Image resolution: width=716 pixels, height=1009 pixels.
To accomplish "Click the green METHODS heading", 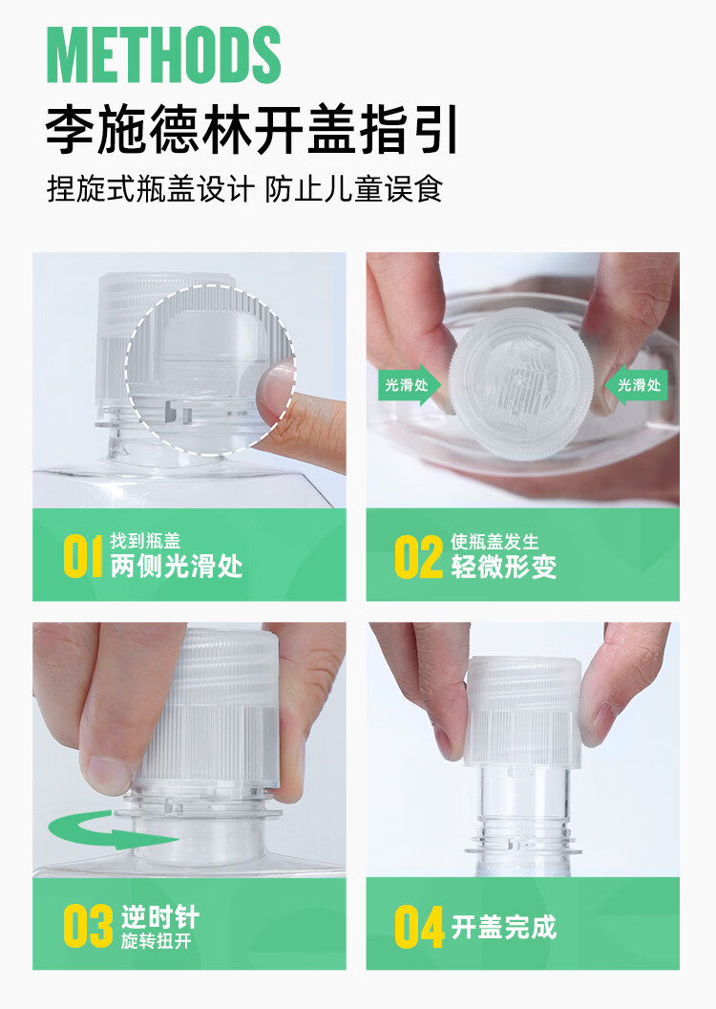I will tap(163, 55).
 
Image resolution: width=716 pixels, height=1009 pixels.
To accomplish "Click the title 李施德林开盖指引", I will tap(252, 131).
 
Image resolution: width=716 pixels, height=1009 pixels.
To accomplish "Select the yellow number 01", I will tap(83, 557).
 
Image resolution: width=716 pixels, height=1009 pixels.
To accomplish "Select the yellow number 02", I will tap(419, 557).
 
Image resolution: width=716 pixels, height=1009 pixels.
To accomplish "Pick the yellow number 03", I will tap(88, 926).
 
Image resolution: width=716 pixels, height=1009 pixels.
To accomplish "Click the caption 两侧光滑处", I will tap(177, 567).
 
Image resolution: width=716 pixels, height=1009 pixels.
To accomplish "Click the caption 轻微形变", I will tap(503, 567).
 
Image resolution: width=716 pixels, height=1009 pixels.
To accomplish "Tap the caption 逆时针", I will tap(159, 918).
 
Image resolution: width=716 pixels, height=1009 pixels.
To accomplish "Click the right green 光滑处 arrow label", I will tap(637, 386).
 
